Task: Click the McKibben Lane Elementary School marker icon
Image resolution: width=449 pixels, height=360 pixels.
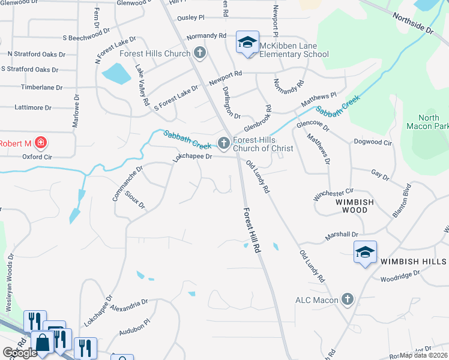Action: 247,42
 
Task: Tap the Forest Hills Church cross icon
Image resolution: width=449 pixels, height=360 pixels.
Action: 200,54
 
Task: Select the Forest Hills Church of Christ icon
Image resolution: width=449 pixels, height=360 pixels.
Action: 224,143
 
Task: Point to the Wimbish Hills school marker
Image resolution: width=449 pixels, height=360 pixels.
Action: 364,254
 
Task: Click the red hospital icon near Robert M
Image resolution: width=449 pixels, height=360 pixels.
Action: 40,143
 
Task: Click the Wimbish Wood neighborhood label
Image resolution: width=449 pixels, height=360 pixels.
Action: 350,206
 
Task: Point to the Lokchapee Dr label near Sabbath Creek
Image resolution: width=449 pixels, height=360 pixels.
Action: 193,157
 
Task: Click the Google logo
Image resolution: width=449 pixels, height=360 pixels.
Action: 19,353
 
